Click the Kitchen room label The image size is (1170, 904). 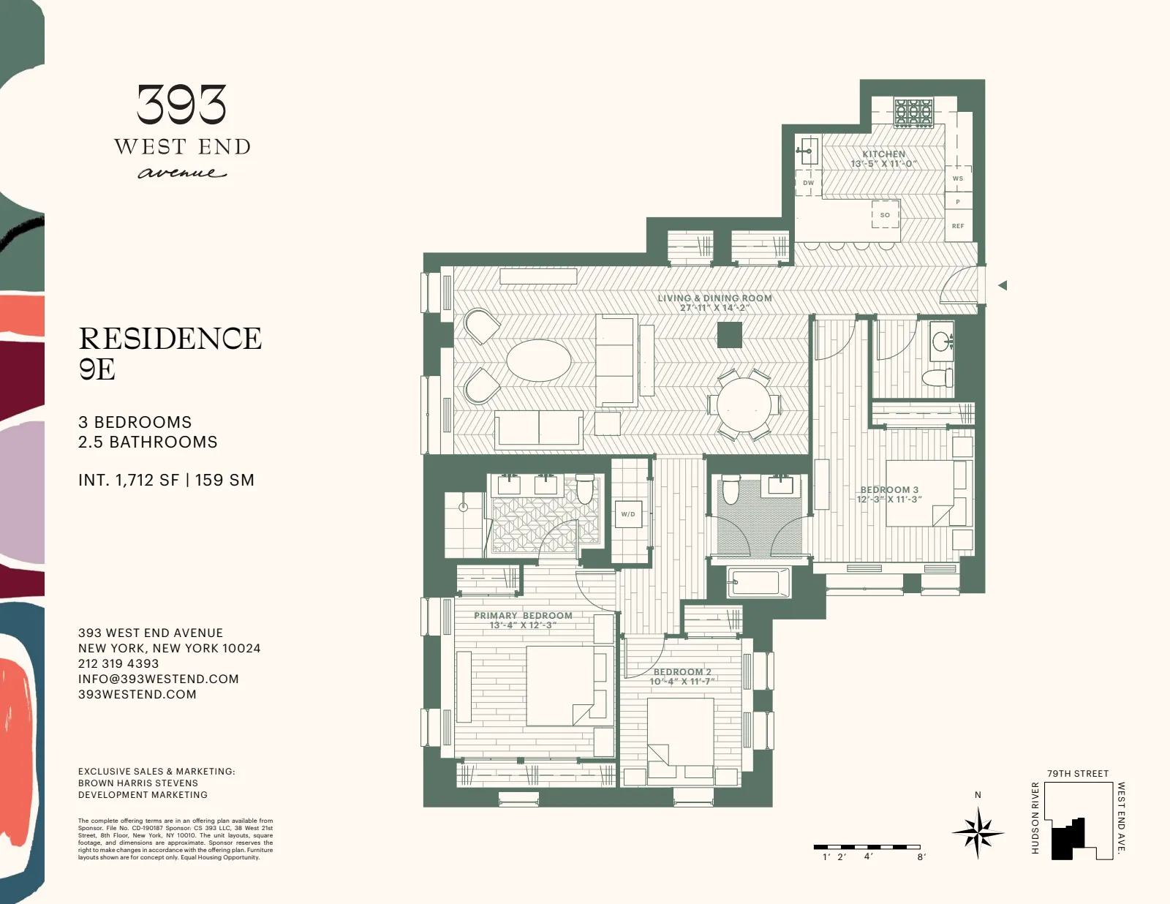883,154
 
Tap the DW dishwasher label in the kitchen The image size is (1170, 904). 808,183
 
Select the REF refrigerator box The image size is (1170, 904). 957,226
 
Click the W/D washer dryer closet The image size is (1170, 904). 628,514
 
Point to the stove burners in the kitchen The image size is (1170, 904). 913,113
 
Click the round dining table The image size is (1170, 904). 744,404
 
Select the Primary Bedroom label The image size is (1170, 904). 523,616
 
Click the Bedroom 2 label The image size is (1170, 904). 682,672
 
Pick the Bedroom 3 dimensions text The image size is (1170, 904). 889,500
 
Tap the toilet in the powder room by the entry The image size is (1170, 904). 937,377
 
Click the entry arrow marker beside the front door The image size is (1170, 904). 1003,285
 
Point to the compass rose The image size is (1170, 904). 978,832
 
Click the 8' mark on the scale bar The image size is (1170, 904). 921,856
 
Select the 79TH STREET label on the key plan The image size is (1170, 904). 1077,773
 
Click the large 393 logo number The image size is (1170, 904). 181,105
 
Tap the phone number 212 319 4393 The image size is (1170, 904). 118,663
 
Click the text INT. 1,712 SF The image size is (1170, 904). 129,480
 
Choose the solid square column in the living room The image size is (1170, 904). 729,336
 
